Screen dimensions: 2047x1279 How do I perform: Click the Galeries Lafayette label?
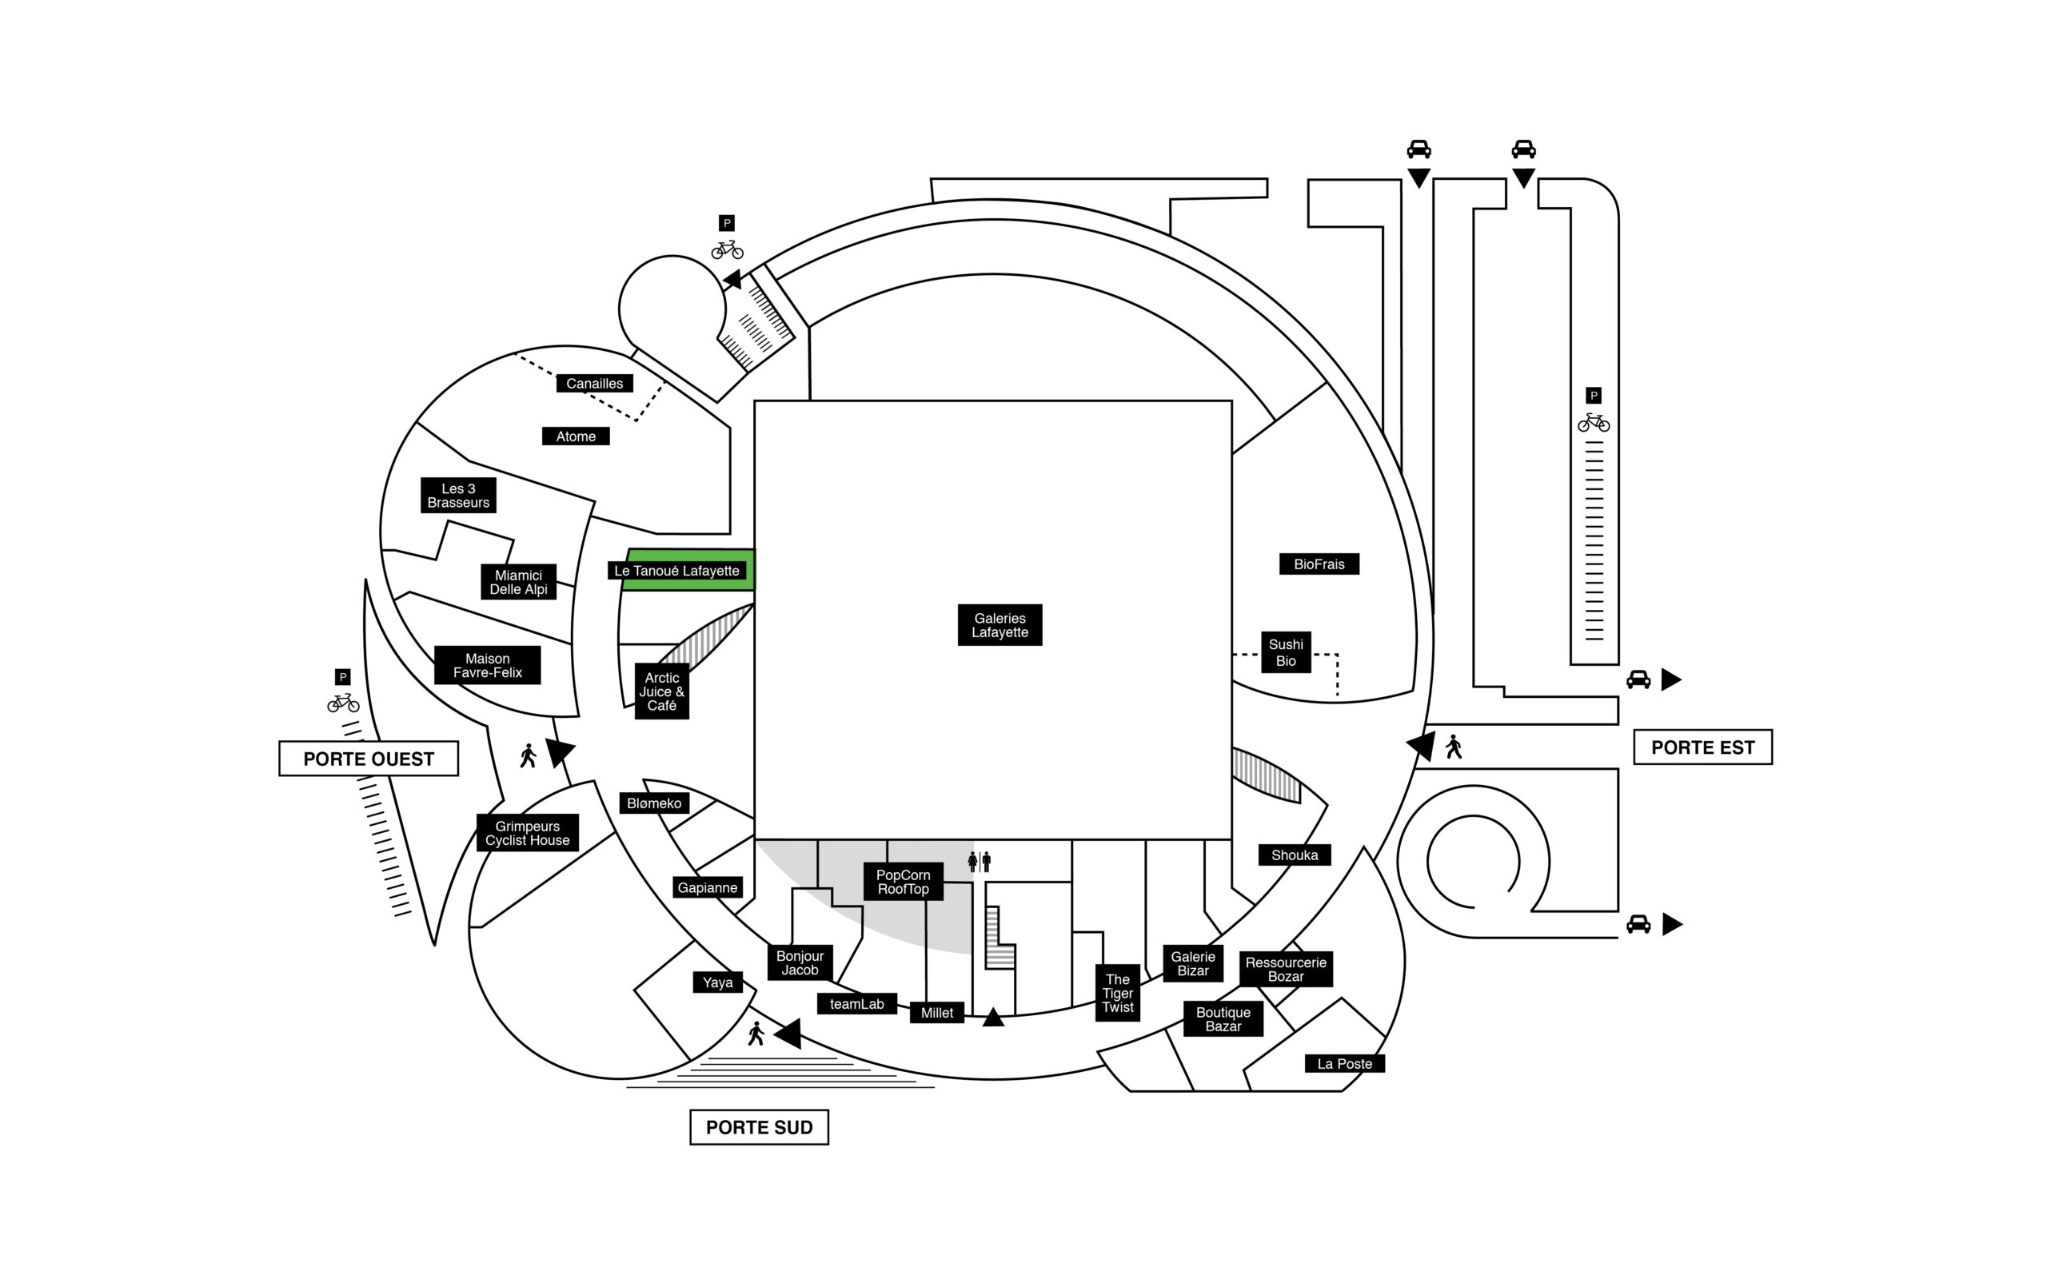click(x=999, y=625)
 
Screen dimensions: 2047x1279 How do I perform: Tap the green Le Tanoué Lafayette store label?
click(x=676, y=571)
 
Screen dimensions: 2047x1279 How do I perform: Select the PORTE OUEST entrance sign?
click(x=369, y=759)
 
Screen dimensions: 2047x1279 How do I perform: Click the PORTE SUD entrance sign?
click(x=759, y=1128)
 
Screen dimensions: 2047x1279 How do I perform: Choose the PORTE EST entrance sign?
click(x=1702, y=747)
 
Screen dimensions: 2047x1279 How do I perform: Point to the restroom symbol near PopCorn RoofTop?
click(x=980, y=862)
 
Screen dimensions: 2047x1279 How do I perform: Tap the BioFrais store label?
click(x=1319, y=564)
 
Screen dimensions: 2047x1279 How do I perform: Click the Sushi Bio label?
click(x=1286, y=652)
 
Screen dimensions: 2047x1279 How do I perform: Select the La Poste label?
click(x=1344, y=1064)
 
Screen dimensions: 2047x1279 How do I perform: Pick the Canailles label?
click(x=595, y=383)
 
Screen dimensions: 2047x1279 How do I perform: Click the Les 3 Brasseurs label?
click(x=458, y=496)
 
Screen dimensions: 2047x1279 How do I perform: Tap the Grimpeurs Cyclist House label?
click(x=528, y=833)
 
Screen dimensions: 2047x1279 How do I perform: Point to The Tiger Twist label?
click(x=1117, y=993)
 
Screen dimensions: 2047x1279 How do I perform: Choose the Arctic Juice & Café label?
click(x=661, y=691)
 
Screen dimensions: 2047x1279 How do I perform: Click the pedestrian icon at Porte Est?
click(x=1453, y=747)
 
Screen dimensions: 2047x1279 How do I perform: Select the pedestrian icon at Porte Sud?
click(x=756, y=1034)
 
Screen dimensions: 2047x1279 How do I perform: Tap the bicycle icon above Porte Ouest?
click(x=343, y=702)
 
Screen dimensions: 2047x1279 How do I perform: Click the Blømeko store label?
click(x=654, y=803)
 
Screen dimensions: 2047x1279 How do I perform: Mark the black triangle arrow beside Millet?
click(x=993, y=1018)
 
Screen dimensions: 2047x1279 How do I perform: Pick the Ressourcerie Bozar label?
click(x=1286, y=970)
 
